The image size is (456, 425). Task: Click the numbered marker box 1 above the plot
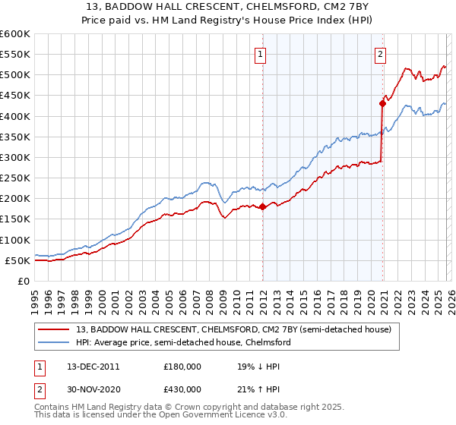(x=261, y=54)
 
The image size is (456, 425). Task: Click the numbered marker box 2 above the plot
(x=379, y=54)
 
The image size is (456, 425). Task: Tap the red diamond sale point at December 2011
(x=262, y=206)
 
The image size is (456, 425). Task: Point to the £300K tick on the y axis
(x=16, y=157)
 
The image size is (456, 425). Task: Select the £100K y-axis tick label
(x=16, y=240)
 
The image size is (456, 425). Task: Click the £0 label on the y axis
(x=23, y=281)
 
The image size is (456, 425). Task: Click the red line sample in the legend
(x=53, y=329)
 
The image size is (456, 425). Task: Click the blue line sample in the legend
(x=53, y=343)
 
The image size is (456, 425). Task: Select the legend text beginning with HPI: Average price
(x=182, y=343)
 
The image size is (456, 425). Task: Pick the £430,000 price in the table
(x=182, y=389)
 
